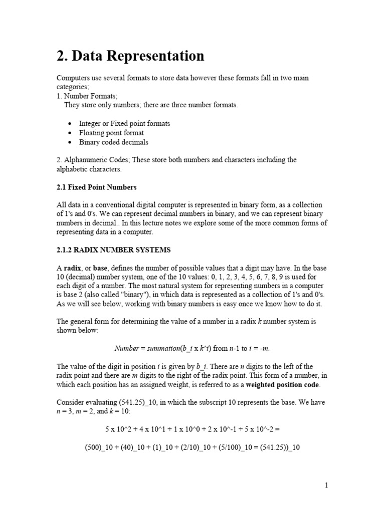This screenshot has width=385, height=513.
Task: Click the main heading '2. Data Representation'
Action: click(x=130, y=56)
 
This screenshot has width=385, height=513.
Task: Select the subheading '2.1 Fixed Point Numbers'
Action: click(x=97, y=187)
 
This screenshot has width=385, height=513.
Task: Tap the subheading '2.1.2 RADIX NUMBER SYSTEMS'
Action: click(x=114, y=249)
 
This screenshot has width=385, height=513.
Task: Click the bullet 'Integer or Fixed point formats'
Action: click(x=124, y=123)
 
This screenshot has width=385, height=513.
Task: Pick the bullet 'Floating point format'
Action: click(x=111, y=133)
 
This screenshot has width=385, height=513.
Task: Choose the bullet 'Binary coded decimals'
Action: click(x=113, y=142)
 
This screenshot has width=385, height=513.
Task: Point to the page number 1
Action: click(x=326, y=485)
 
